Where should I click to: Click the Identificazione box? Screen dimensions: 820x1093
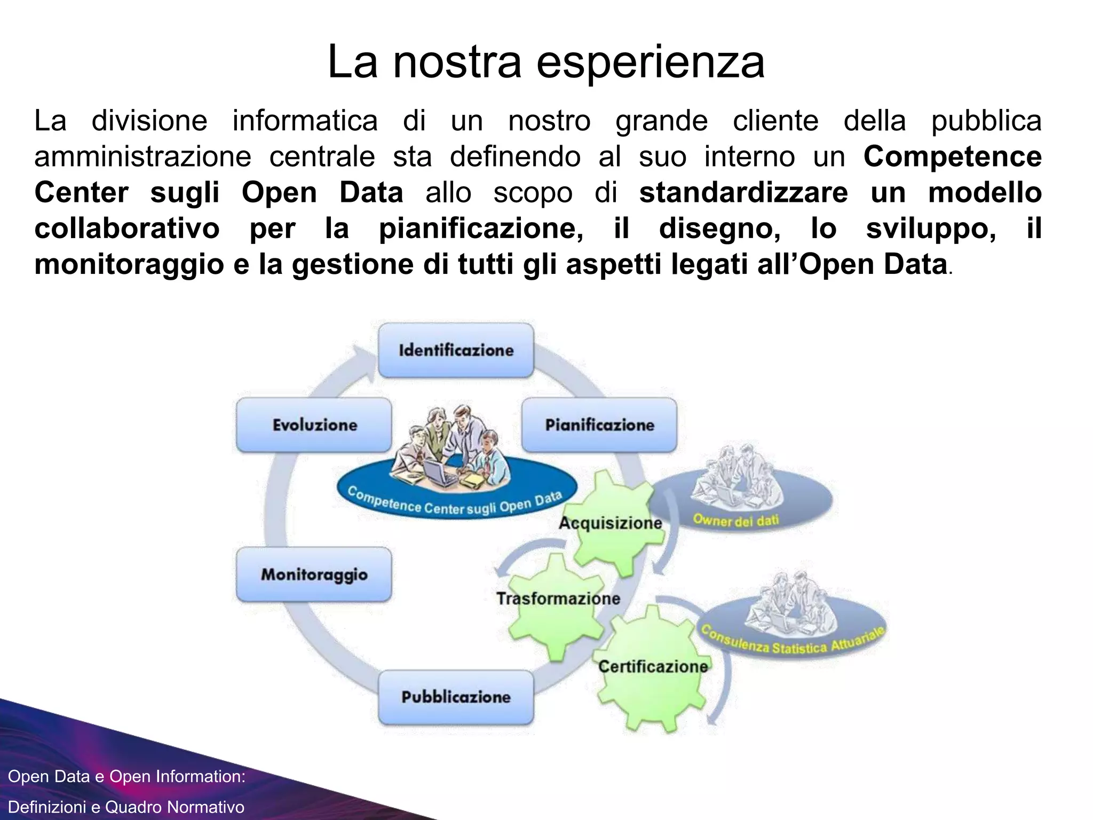(x=456, y=350)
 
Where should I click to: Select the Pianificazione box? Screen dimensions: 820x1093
(x=599, y=425)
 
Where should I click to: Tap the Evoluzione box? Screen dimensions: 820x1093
(x=314, y=425)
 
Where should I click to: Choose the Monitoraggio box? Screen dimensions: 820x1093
(x=314, y=574)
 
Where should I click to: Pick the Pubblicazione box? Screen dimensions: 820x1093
(x=456, y=697)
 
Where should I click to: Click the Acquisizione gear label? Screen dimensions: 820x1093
(x=610, y=523)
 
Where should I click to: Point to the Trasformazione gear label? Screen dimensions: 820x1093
(x=558, y=598)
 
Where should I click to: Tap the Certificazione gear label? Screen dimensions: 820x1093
(x=653, y=666)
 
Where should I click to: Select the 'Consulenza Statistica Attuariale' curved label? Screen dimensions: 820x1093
(x=792, y=643)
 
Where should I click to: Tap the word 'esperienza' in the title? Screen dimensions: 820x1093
(x=650, y=62)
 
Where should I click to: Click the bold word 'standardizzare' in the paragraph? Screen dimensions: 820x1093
(x=743, y=192)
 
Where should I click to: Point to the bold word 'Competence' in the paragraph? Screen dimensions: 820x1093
(x=952, y=156)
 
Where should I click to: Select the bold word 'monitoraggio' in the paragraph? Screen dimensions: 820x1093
(x=129, y=264)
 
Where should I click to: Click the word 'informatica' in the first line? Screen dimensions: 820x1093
(x=305, y=121)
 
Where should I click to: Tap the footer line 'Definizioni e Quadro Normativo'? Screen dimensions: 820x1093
(x=126, y=807)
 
